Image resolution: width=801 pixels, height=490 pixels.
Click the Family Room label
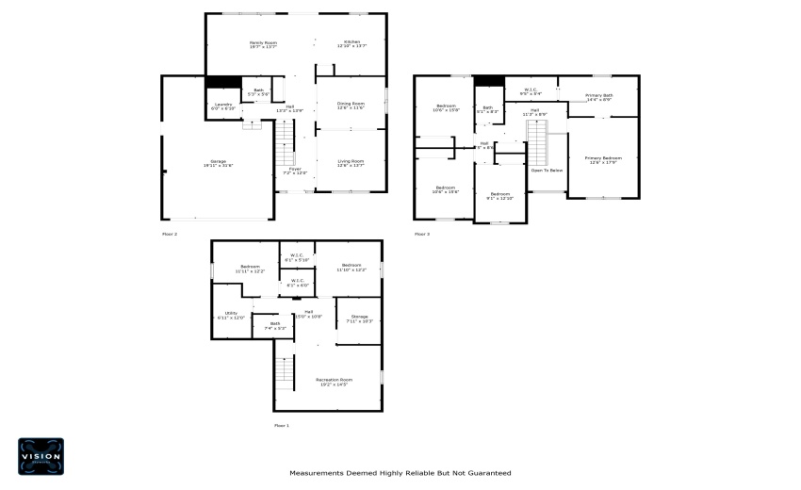tap(263, 43)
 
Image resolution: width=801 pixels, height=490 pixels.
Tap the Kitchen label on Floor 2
tap(351, 43)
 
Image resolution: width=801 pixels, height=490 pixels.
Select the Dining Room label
tap(351, 106)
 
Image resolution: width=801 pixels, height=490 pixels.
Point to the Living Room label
tap(351, 162)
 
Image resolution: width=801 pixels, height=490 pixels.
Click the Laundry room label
tap(223, 106)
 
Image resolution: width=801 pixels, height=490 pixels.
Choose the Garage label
tap(218, 162)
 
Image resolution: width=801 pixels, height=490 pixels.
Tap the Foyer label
tap(297, 171)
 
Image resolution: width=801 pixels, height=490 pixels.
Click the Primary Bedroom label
tap(603, 159)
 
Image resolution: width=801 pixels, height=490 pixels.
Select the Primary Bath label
tap(599, 96)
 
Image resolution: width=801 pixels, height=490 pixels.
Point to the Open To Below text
tap(547, 171)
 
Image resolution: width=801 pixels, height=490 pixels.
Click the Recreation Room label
tap(334, 381)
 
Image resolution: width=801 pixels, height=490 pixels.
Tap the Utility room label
tap(231, 315)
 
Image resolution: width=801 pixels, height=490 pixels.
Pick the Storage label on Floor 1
tap(359, 318)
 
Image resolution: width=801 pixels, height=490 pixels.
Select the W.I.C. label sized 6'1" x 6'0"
tap(297, 282)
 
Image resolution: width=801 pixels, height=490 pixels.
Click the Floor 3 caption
tap(422, 234)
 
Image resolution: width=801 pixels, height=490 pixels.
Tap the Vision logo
tap(41, 456)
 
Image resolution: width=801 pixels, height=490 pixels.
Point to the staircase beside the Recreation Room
tap(285, 373)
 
